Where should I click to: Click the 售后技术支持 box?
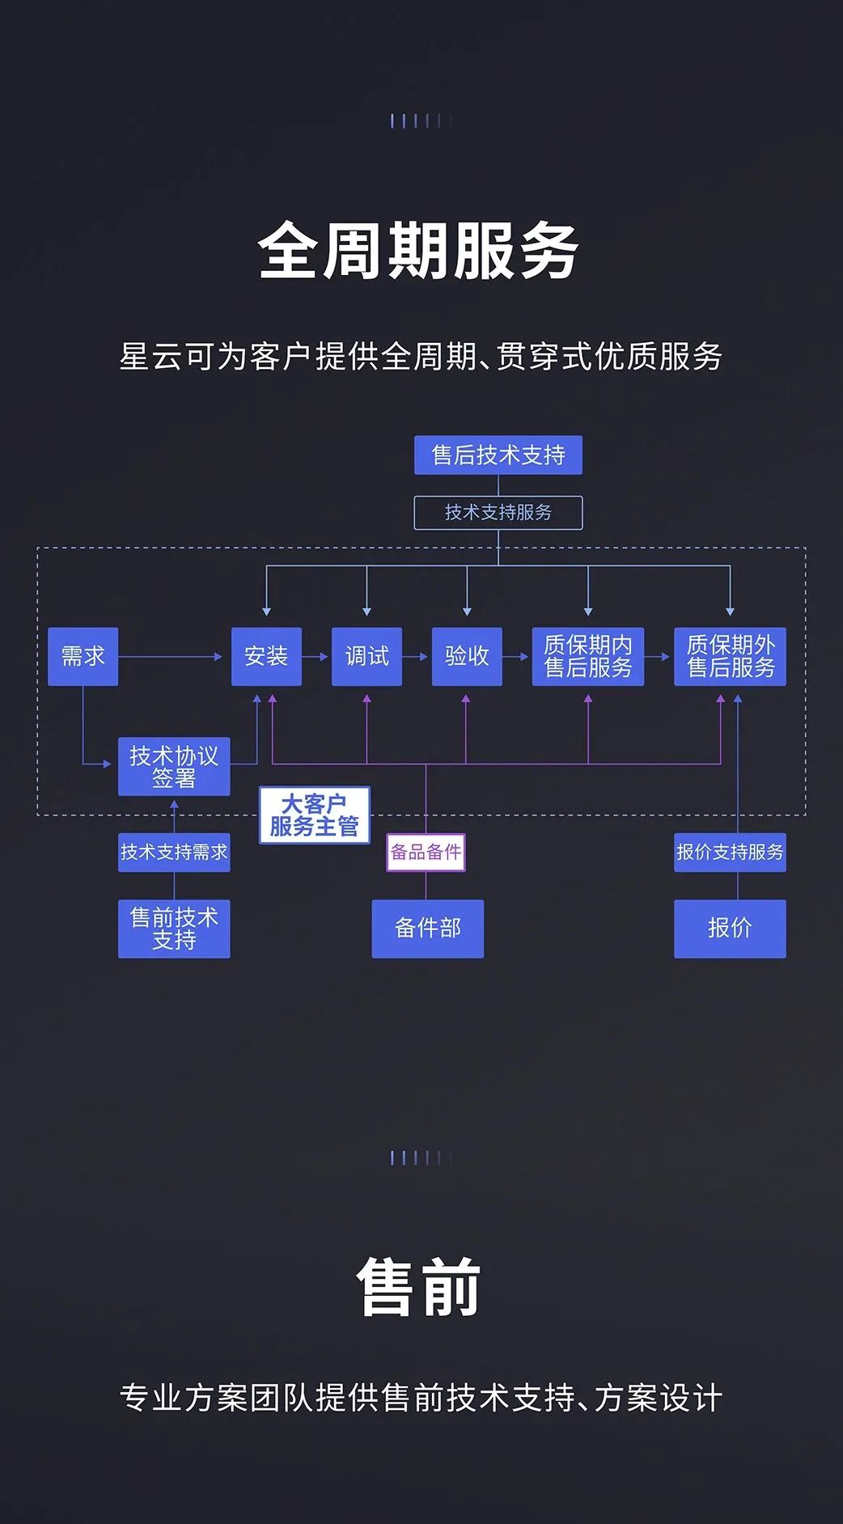click(498, 455)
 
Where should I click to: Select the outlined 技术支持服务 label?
click(498, 513)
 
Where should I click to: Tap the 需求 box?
click(83, 656)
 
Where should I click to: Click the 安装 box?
click(266, 656)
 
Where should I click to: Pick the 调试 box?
click(366, 656)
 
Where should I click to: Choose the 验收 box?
click(467, 656)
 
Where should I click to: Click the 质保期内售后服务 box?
click(587, 656)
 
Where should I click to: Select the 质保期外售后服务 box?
click(730, 656)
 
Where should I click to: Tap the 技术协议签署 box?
click(174, 766)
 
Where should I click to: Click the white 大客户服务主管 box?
click(314, 815)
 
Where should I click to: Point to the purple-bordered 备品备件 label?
click(426, 852)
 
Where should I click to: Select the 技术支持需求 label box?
click(174, 852)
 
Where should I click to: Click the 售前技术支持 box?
click(174, 929)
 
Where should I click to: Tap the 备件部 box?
click(427, 929)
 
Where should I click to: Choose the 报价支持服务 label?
click(730, 852)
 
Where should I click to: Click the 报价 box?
click(730, 929)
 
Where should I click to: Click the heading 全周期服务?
click(419, 251)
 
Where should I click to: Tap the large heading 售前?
click(419, 1288)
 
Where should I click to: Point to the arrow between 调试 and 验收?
click(416, 657)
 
